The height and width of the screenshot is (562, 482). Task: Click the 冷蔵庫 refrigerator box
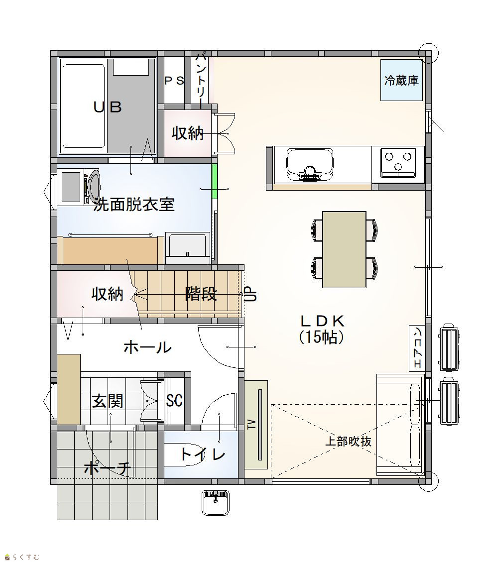tap(401, 80)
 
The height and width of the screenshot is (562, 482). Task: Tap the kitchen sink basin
tap(310, 164)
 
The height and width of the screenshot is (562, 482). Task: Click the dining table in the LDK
tap(344, 249)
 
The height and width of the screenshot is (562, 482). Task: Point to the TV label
tap(252, 425)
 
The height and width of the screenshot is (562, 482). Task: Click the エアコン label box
tap(417, 348)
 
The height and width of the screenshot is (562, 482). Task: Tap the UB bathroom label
tap(108, 107)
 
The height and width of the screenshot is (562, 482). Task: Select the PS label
tap(174, 81)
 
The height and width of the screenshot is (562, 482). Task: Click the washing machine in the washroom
tap(81, 188)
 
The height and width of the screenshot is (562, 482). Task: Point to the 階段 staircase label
tap(201, 294)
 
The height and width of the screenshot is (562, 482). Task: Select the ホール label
tap(148, 347)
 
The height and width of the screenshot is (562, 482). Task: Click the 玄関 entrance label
tap(108, 401)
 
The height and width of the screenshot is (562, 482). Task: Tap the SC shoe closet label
tap(175, 400)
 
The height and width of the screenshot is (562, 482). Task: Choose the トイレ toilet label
tap(203, 454)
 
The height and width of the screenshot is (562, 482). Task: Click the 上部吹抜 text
tap(348, 441)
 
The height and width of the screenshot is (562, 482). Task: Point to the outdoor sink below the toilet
tap(216, 502)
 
